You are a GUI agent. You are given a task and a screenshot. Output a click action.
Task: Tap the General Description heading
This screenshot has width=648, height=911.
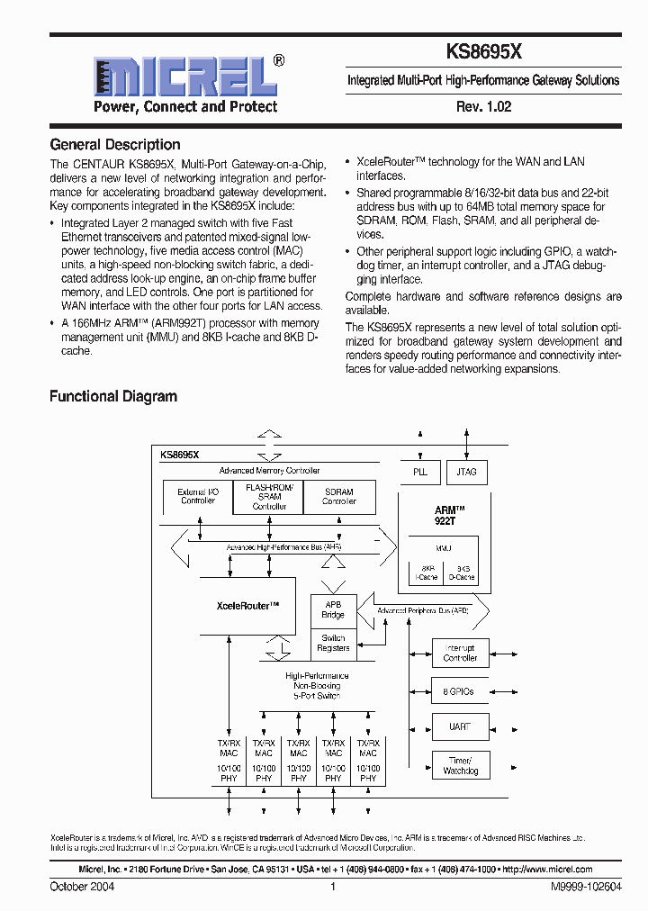click(114, 144)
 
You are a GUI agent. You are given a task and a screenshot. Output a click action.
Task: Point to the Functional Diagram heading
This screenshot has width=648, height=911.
click(112, 396)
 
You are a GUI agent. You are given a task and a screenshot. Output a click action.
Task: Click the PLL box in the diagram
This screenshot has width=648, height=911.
click(419, 472)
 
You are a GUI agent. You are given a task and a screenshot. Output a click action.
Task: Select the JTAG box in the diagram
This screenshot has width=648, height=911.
click(466, 472)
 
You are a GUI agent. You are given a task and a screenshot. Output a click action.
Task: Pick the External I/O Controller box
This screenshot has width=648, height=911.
click(197, 497)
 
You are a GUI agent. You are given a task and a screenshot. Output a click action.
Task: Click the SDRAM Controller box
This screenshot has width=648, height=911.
click(339, 497)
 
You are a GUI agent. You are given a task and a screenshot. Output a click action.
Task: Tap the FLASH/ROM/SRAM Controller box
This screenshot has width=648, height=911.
click(268, 497)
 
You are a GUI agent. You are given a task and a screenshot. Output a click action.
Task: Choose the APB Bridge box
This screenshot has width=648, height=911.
click(333, 609)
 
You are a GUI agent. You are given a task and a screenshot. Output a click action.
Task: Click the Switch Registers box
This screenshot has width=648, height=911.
click(333, 643)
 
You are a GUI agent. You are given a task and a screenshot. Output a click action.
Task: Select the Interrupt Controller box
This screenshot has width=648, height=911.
click(460, 653)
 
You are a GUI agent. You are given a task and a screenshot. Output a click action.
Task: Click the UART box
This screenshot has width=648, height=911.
click(460, 727)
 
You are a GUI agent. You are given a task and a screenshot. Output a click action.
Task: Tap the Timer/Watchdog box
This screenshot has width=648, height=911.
click(460, 766)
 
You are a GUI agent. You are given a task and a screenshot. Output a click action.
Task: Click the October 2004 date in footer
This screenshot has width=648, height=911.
click(82, 887)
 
